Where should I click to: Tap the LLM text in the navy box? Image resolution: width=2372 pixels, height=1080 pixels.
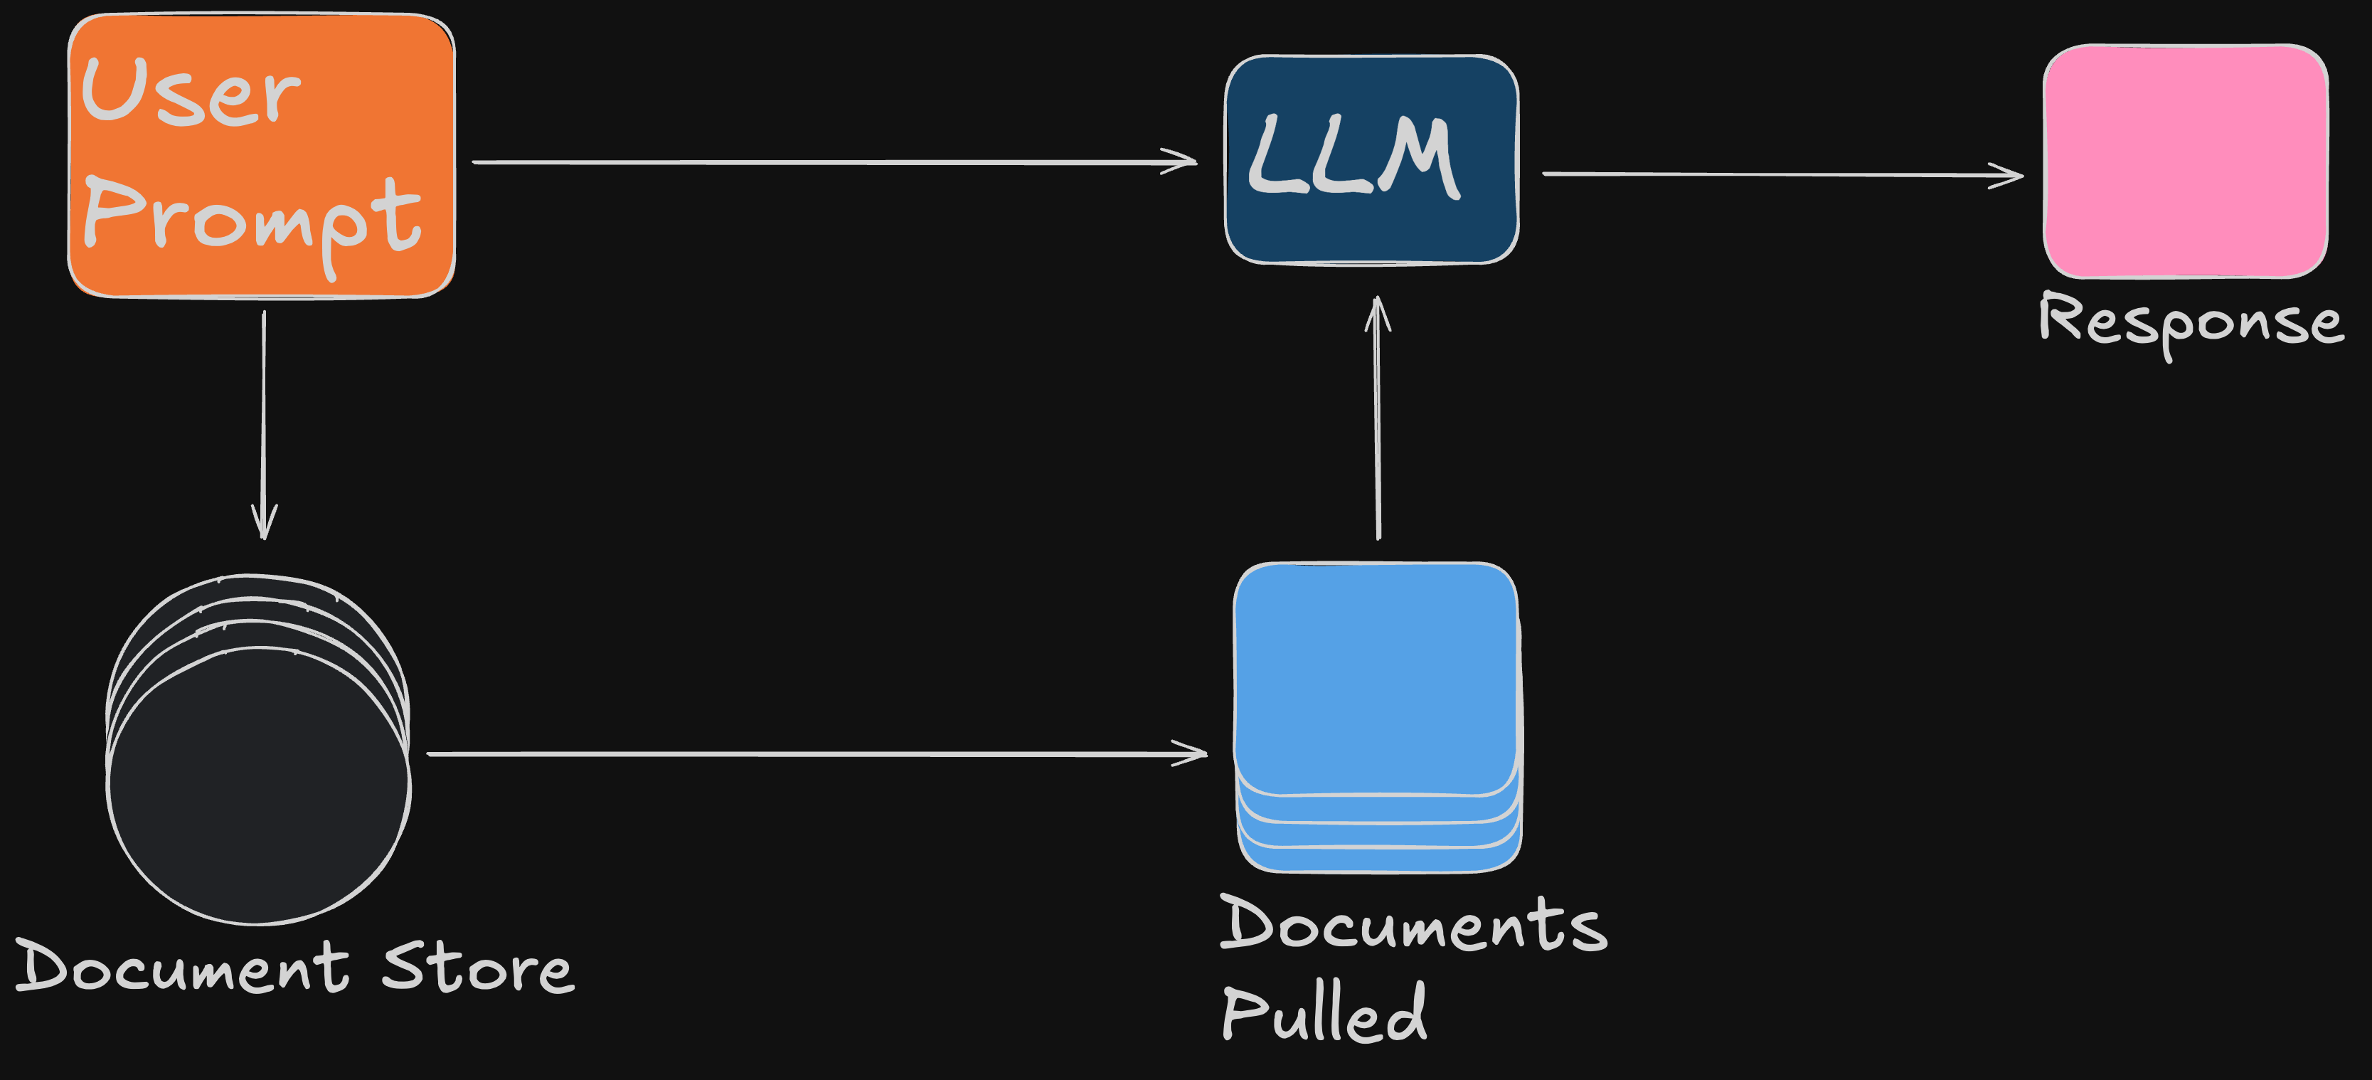click(x=1353, y=157)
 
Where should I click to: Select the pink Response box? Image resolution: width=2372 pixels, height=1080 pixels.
click(x=2185, y=161)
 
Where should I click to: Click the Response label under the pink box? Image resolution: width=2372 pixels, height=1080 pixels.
click(x=2190, y=322)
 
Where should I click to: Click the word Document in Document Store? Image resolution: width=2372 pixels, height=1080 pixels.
click(x=182, y=967)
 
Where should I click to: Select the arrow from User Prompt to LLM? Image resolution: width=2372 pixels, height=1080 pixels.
click(x=829, y=162)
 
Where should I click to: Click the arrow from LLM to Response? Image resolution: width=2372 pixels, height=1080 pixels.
click(x=1777, y=174)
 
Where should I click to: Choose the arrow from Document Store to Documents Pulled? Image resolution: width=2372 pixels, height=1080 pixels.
click(x=810, y=754)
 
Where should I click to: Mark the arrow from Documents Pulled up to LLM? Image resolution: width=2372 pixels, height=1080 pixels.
click(x=1378, y=423)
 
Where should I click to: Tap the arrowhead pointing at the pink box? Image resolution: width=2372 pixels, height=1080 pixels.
click(x=2009, y=175)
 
